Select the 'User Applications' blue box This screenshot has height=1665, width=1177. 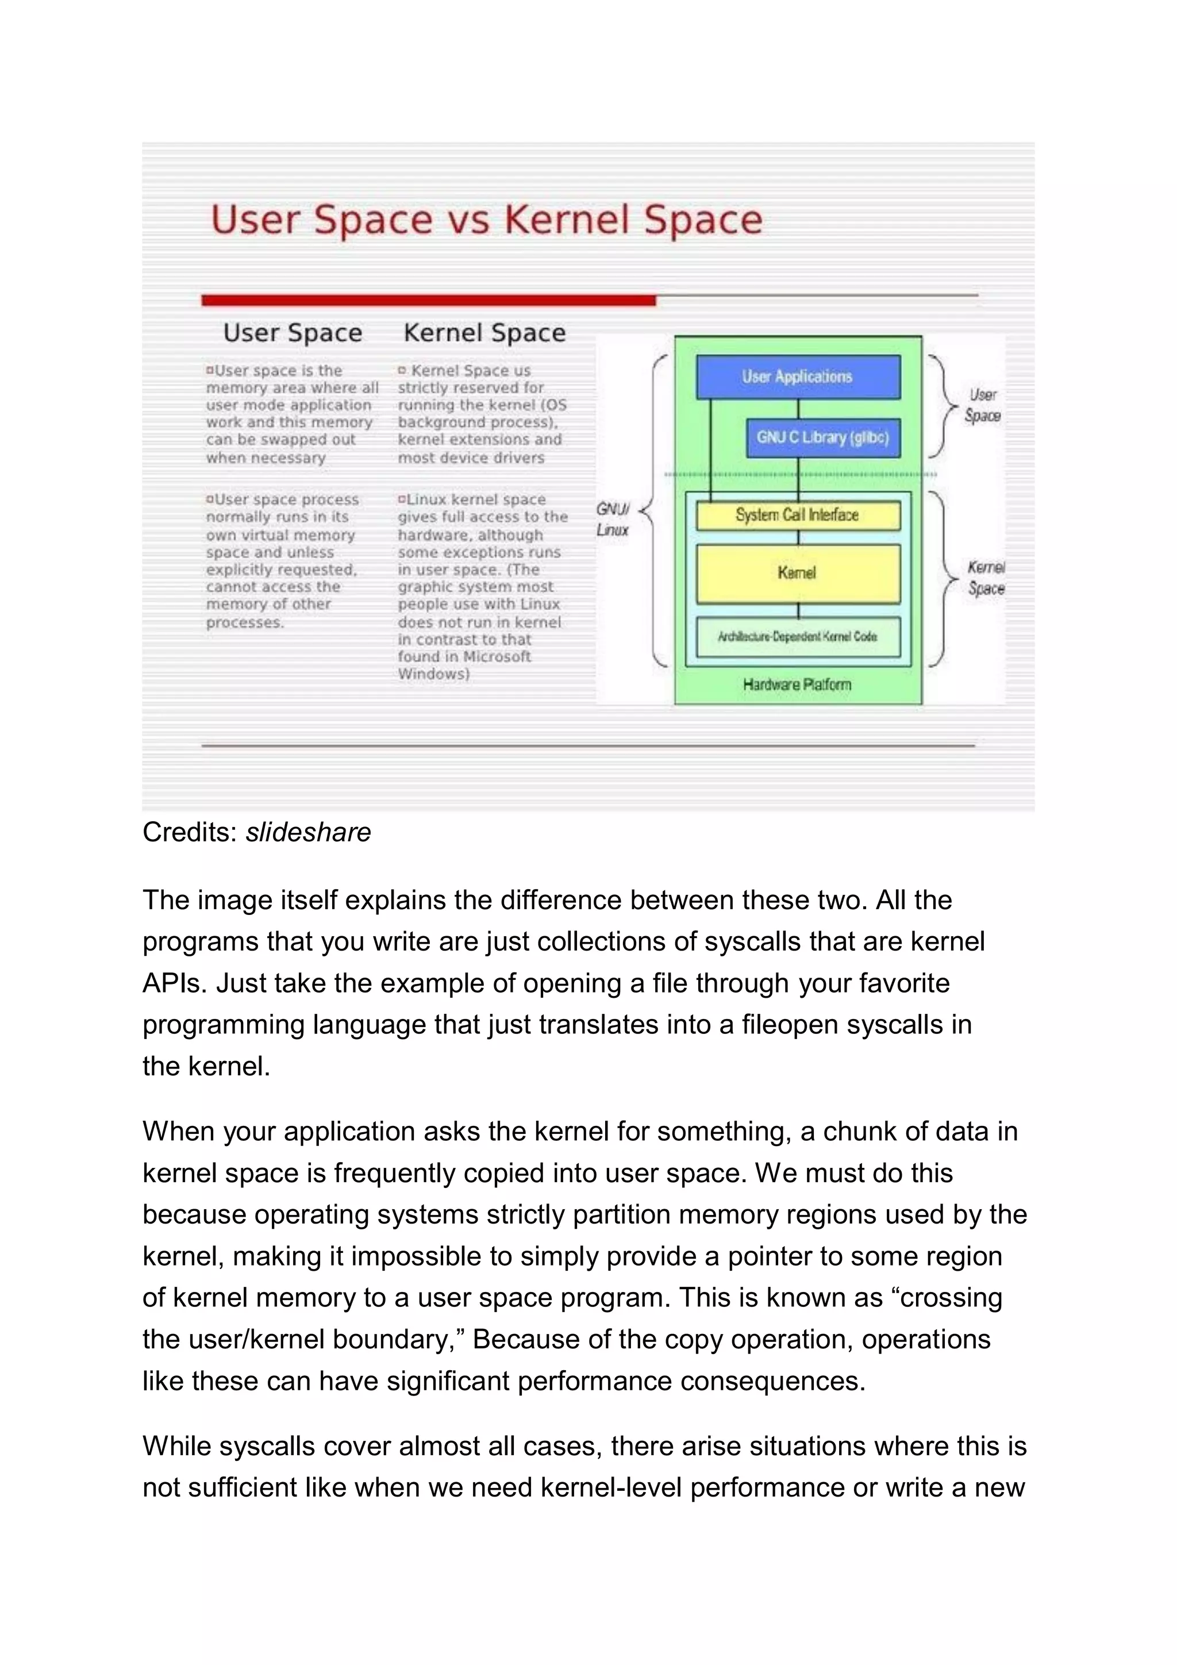[798, 376]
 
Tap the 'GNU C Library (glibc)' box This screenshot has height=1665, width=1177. [822, 437]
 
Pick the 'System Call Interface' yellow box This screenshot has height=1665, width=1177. [798, 515]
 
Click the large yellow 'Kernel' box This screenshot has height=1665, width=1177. [798, 573]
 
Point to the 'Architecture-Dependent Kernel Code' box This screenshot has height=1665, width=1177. [798, 637]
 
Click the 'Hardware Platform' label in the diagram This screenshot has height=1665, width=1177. [797, 685]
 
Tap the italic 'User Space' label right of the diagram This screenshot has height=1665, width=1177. [983, 405]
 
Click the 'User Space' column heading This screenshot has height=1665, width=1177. [293, 333]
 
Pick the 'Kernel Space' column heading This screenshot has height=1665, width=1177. [484, 333]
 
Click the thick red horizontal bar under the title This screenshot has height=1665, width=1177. [428, 300]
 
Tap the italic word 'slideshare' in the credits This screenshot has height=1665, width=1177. [308, 832]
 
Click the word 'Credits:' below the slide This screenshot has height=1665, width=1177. [190, 832]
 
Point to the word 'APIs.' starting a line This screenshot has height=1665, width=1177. [175, 983]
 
